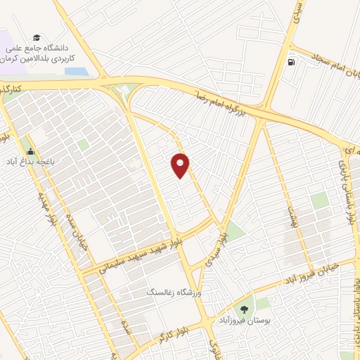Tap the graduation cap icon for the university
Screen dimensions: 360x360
(x=36, y=38)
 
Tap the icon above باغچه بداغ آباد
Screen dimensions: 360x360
(x=30, y=150)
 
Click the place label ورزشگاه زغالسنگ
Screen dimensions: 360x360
(x=173, y=291)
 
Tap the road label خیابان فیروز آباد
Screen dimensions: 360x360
(x=309, y=274)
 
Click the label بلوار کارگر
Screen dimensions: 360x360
(x=169, y=333)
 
